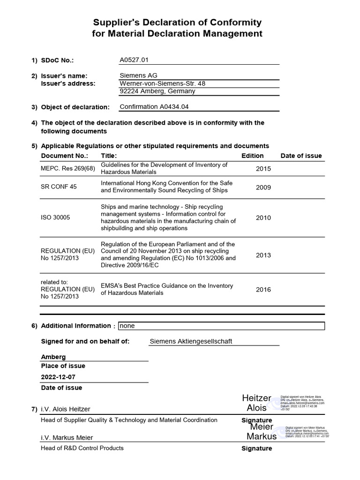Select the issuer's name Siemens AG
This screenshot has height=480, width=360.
139,75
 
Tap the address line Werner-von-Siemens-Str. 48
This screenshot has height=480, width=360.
162,83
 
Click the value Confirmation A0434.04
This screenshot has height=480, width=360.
154,106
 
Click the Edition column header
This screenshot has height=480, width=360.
252,156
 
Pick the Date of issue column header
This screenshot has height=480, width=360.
301,156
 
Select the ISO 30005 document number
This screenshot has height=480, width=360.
56,217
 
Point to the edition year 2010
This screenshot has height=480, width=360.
263,217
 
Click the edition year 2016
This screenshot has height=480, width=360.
263,289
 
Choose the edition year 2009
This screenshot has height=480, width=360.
263,187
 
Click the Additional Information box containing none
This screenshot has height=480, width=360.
221,326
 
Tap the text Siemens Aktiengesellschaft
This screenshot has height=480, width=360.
191,341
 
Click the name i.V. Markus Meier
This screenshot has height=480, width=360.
67,437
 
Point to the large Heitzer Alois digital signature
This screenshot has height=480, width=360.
256,403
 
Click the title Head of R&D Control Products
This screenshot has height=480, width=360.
82,448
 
